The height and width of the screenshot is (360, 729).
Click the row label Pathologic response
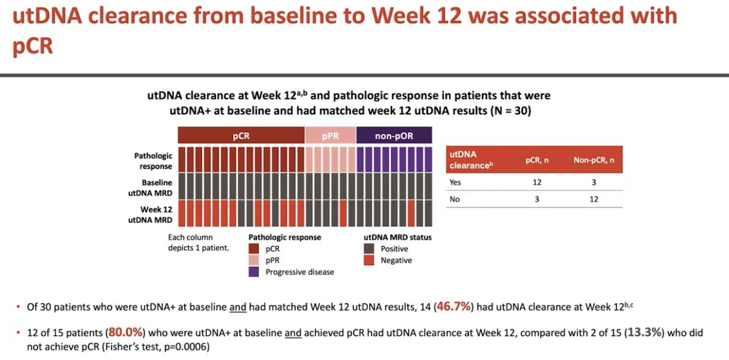(x=153, y=161)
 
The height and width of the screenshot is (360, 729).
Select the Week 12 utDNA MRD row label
(x=153, y=215)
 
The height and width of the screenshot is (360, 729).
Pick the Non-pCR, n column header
(x=594, y=160)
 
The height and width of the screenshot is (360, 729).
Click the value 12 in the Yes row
(x=537, y=182)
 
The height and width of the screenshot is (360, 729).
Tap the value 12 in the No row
(x=594, y=199)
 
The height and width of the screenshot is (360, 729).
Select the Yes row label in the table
(x=455, y=182)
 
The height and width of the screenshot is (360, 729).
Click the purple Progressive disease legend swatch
(x=253, y=272)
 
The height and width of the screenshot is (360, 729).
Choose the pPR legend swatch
(x=253, y=261)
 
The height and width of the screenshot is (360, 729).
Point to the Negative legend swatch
(x=368, y=261)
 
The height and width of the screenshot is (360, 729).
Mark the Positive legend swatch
(x=368, y=249)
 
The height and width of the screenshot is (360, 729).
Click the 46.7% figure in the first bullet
(x=453, y=306)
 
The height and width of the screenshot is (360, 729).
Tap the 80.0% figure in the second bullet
(x=126, y=333)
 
